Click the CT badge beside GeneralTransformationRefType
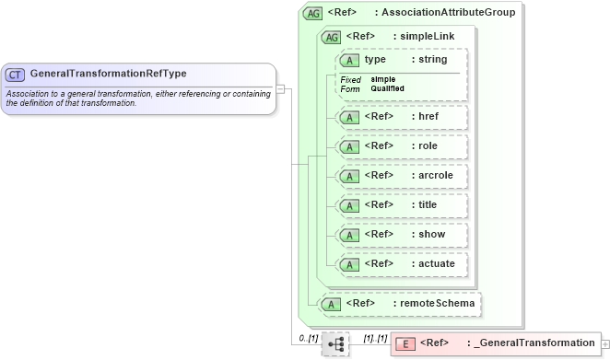pyautogui.click(x=16, y=74)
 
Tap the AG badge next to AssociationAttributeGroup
pyautogui.click(x=314, y=13)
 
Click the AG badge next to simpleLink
pyautogui.click(x=330, y=37)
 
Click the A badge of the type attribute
pyautogui.click(x=349, y=60)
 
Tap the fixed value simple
pyautogui.click(x=383, y=79)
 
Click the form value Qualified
pyautogui.click(x=387, y=88)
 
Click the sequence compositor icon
pyautogui.click(x=335, y=344)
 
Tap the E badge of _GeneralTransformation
pyautogui.click(x=405, y=343)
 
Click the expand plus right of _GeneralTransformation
pyautogui.click(x=604, y=343)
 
